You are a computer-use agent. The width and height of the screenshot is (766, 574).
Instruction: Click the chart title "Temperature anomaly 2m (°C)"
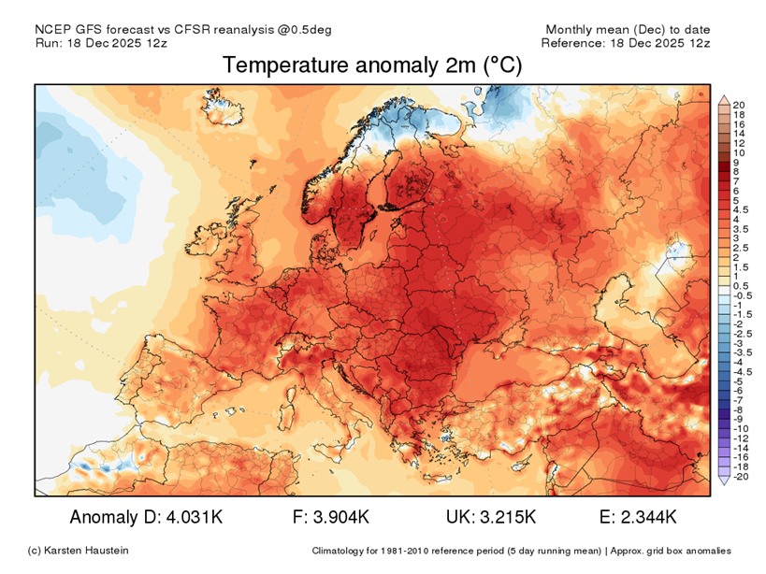(372, 65)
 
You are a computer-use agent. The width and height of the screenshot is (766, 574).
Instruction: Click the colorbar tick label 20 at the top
(739, 105)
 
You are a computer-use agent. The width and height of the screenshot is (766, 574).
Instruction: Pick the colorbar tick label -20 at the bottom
(740, 476)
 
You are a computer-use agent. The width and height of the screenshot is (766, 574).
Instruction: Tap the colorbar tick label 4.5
(742, 209)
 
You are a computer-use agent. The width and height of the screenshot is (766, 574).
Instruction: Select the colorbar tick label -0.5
(744, 295)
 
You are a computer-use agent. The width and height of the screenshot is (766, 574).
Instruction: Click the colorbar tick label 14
(739, 134)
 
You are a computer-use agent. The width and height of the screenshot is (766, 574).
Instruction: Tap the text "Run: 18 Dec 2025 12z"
(101, 43)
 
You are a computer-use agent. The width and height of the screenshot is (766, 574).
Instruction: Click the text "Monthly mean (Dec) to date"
(629, 29)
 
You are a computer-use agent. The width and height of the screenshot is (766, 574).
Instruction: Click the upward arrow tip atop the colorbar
(723, 96)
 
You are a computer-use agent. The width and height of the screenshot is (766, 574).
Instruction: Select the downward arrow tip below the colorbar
(723, 481)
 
